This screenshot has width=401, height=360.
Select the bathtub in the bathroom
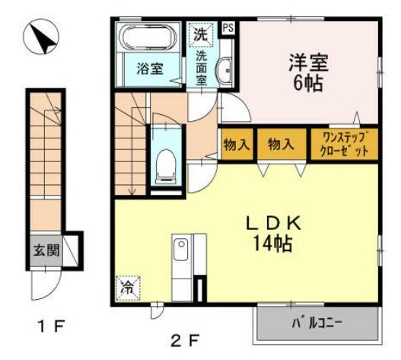[x=150, y=39]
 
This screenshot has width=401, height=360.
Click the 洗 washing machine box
[x=199, y=34]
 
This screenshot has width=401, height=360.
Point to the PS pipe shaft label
[x=228, y=28]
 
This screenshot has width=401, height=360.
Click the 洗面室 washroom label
[x=202, y=67]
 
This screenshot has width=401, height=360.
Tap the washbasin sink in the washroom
[x=225, y=72]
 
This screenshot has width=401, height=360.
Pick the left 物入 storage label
[x=236, y=145]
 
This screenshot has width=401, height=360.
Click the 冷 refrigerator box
[x=128, y=288]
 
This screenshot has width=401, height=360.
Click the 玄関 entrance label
[x=43, y=250]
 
